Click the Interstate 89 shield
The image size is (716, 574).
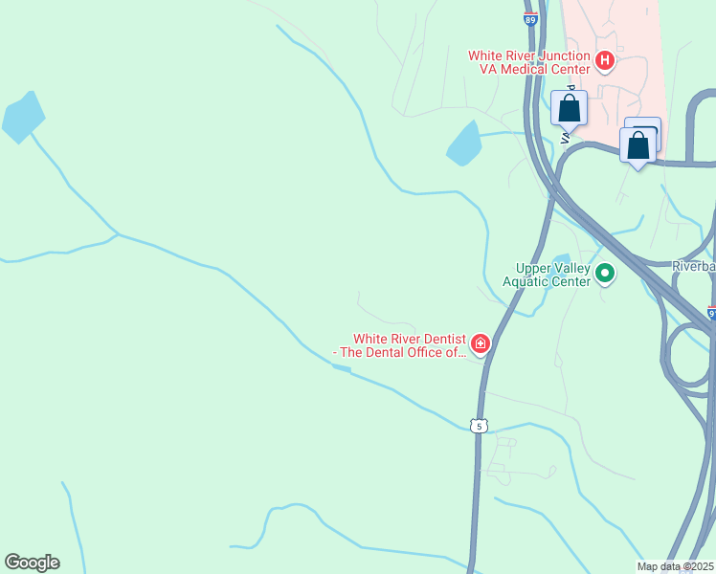(x=531, y=17)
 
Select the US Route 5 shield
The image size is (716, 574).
(x=479, y=425)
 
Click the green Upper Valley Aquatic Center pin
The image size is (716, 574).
(x=604, y=275)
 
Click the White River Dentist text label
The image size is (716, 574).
(x=402, y=344)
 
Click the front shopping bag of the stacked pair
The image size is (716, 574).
(x=638, y=146)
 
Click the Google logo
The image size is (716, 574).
(x=32, y=563)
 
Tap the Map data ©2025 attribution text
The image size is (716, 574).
(x=676, y=566)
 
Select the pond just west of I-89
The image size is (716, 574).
(x=463, y=143)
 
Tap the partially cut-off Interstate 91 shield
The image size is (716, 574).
(x=711, y=312)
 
